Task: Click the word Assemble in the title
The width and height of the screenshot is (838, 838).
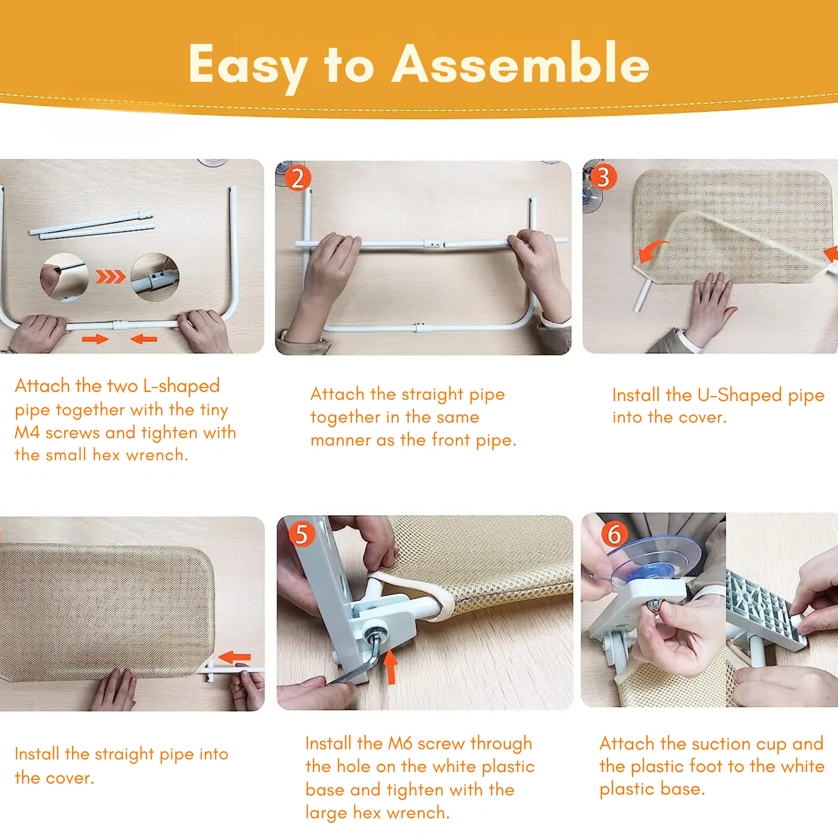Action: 521,63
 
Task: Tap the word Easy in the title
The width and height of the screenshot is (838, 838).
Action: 248,68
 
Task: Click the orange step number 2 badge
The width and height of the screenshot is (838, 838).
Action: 298,178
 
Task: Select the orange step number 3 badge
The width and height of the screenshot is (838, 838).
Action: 604,177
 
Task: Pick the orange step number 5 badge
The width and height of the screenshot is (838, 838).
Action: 302,534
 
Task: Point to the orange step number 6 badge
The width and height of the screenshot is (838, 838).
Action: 614,534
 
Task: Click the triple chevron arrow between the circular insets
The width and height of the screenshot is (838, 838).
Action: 111,276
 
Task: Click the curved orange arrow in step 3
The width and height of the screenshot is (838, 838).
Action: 650,251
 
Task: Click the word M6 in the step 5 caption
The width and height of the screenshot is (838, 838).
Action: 400,743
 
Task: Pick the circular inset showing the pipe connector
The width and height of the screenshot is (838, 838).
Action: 155,277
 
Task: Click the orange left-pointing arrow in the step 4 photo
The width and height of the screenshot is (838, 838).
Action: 234,657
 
